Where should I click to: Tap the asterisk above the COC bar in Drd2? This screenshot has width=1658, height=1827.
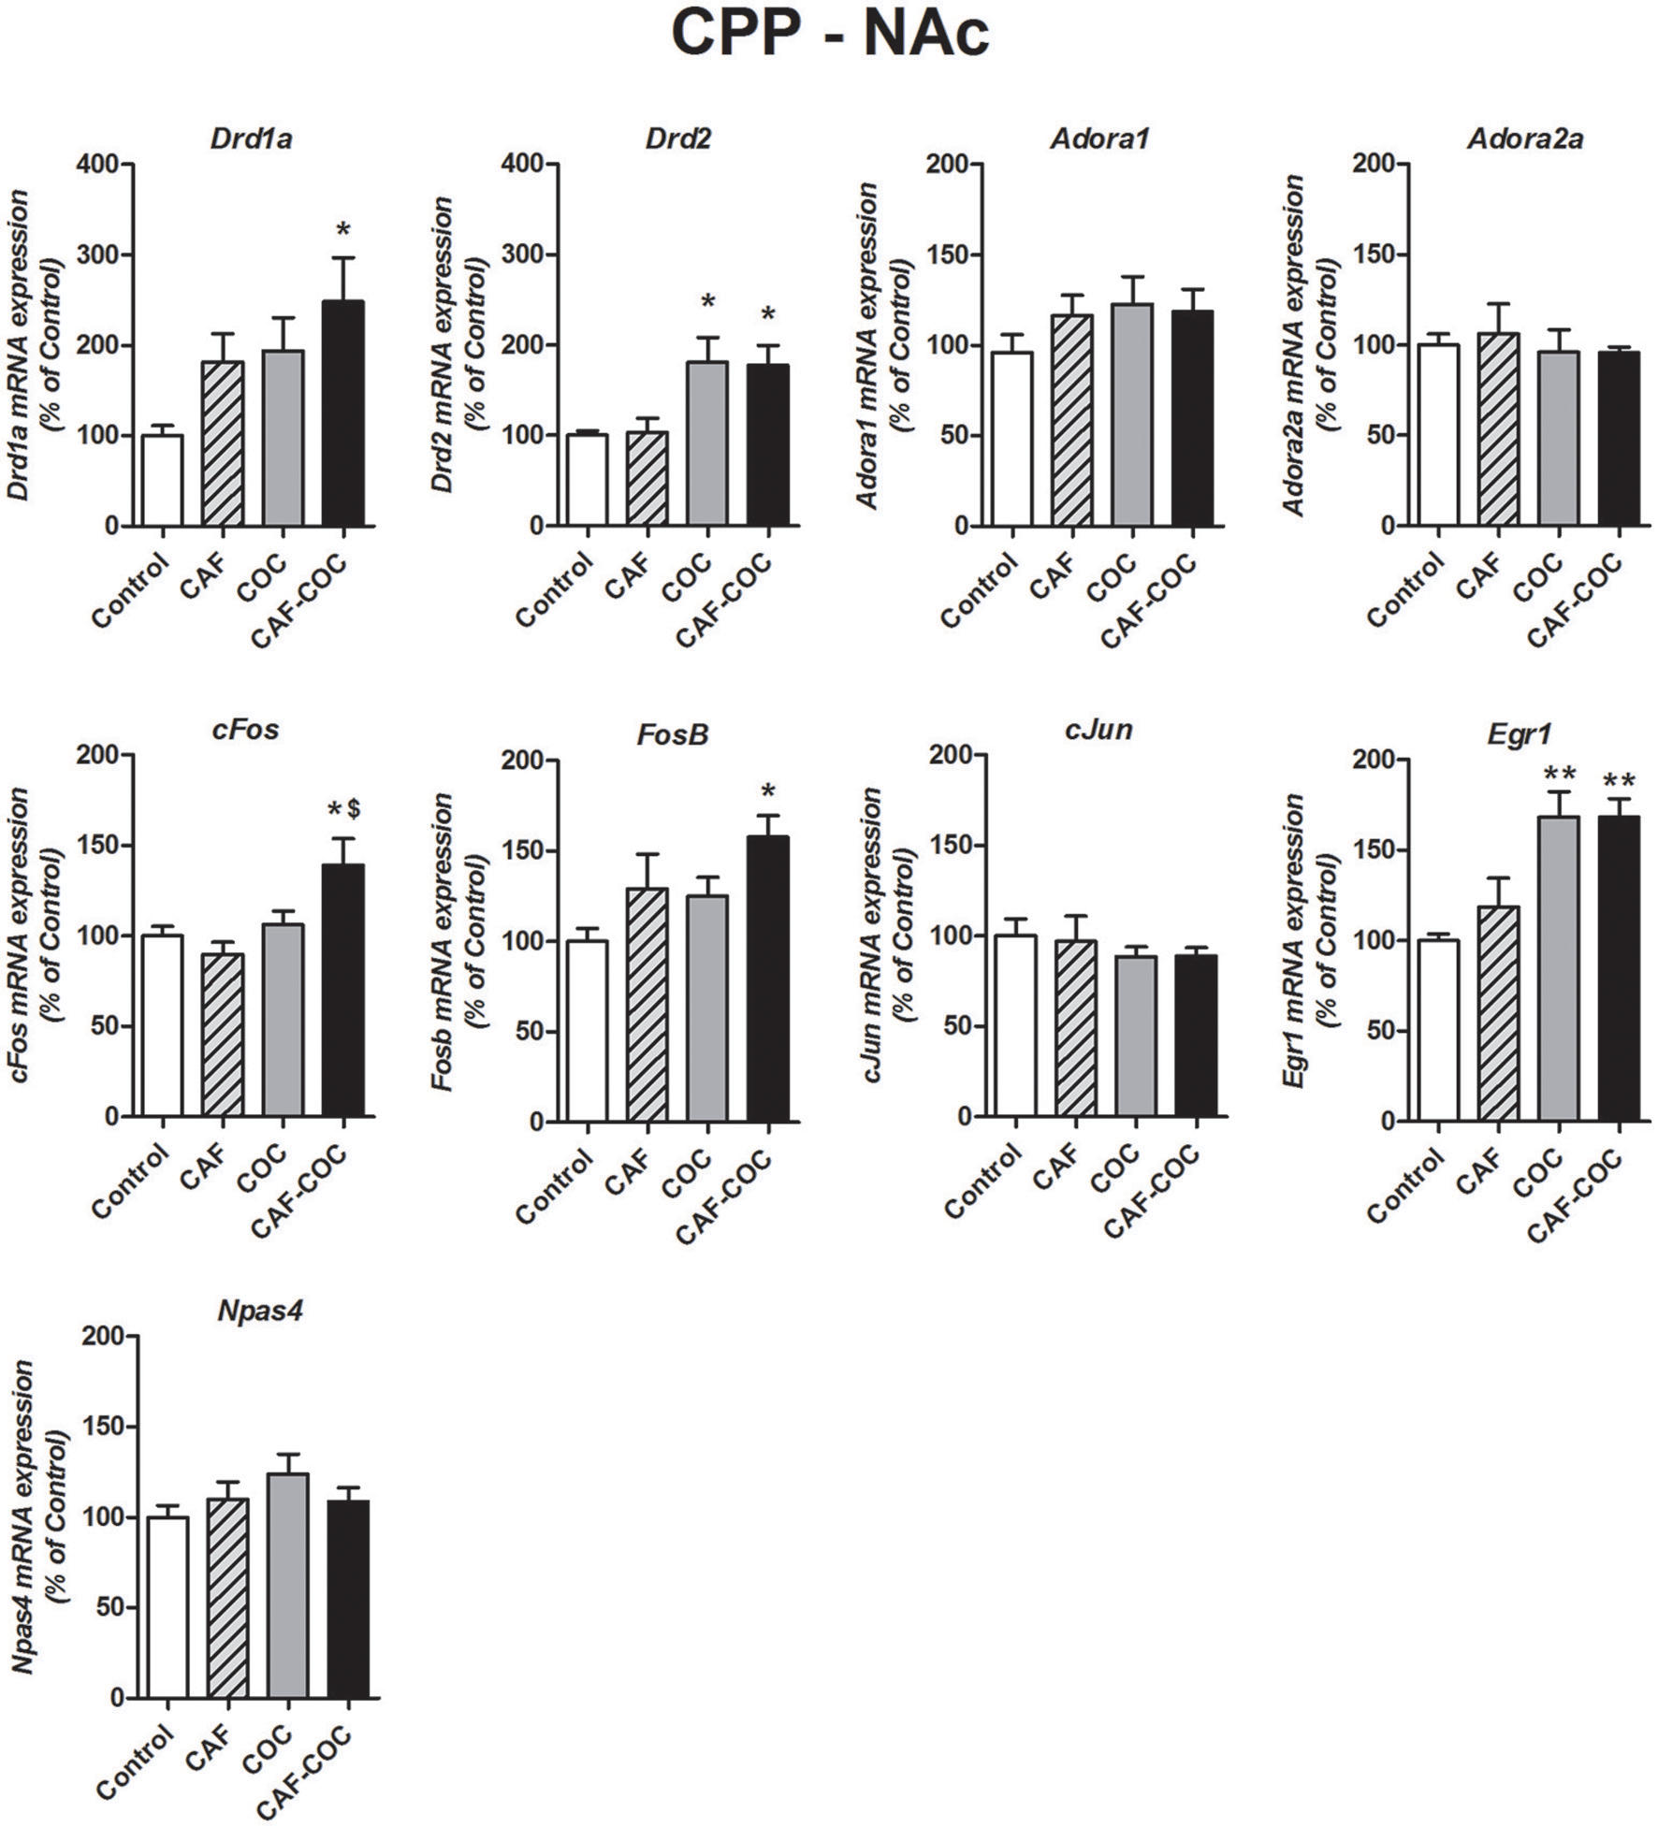(708, 302)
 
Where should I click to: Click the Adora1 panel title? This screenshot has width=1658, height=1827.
(1098, 139)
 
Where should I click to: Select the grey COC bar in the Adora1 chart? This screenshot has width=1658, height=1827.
(1132, 416)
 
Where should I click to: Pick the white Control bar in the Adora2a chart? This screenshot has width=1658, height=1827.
(1438, 435)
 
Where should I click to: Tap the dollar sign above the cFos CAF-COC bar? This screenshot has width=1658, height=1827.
(356, 809)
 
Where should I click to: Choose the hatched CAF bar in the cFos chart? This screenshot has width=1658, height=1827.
(223, 1034)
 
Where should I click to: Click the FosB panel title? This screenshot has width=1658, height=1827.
(672, 735)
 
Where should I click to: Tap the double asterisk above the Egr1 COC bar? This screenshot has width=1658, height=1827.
(1559, 775)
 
